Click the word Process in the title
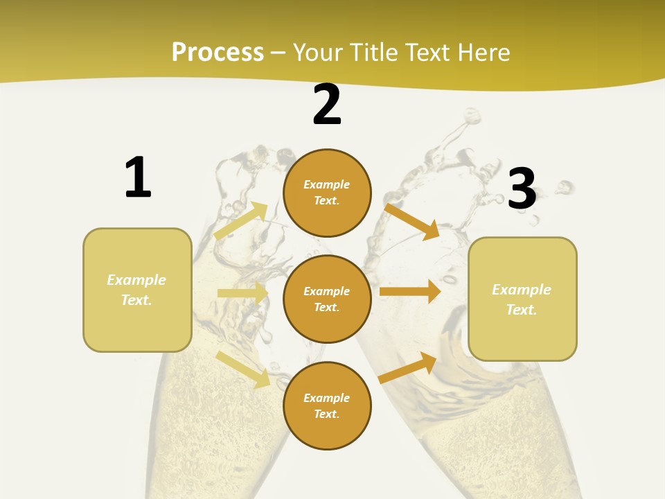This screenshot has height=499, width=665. pyautogui.click(x=218, y=53)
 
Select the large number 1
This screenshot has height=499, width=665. pyautogui.click(x=137, y=178)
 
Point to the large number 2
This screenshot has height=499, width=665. pyautogui.click(x=327, y=105)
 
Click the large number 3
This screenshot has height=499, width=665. pyautogui.click(x=522, y=189)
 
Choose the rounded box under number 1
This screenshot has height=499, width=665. pyautogui.click(x=137, y=290)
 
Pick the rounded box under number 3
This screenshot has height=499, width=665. pyautogui.click(x=522, y=299)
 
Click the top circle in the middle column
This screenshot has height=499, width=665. pyautogui.click(x=327, y=193)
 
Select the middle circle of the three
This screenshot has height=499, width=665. pyautogui.click(x=327, y=299)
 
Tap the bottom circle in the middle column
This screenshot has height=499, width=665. pyautogui.click(x=327, y=405)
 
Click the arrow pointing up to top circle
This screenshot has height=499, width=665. pyautogui.click(x=241, y=221)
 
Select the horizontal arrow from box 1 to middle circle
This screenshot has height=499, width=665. pyautogui.click(x=242, y=293)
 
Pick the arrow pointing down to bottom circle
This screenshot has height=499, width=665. pyautogui.click(x=243, y=369)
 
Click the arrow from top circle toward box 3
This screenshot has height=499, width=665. pyautogui.click(x=412, y=221)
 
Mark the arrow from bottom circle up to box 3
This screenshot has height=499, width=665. pyautogui.click(x=408, y=367)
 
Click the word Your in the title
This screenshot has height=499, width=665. pyautogui.click(x=319, y=53)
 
